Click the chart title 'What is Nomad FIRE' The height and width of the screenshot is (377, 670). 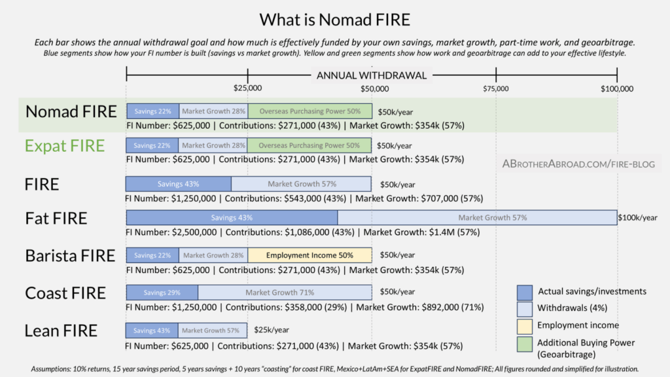click(335, 19)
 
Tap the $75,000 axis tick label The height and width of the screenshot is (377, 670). click(495, 88)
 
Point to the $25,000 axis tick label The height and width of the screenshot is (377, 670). click(247, 88)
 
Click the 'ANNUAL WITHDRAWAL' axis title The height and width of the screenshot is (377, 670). click(371, 75)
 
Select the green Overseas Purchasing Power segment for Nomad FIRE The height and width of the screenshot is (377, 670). click(309, 111)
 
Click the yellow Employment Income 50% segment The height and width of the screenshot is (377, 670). click(309, 255)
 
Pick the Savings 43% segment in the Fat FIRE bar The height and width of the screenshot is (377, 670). click(232, 217)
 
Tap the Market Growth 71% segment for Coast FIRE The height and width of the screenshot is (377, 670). click(285, 293)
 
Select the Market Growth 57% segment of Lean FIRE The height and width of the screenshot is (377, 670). click(214, 331)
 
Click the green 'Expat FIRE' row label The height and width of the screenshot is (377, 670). click(64, 145)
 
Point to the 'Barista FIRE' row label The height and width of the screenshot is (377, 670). click(70, 255)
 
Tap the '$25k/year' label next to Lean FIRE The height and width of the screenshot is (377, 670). click(271, 331)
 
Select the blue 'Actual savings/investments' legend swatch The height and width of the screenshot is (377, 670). click(524, 292)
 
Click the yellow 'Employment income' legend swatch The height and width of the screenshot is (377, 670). click(524, 326)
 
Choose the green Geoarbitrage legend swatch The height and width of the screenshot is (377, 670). click(524, 343)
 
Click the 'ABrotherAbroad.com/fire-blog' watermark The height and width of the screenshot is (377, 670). click(578, 164)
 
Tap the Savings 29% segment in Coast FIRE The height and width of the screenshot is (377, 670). click(162, 293)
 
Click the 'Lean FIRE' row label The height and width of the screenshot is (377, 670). click(61, 331)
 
